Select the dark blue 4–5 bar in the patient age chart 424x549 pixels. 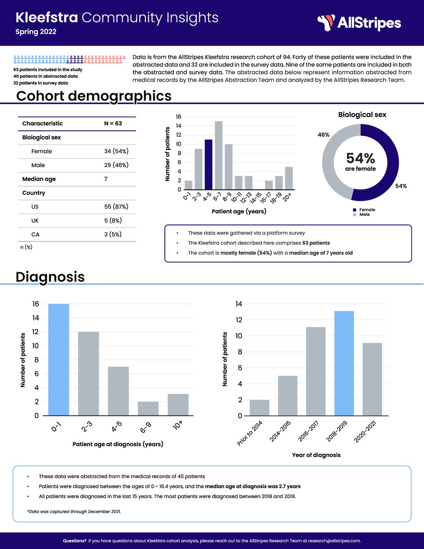click(x=209, y=165)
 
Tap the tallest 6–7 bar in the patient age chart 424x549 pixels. click(x=219, y=156)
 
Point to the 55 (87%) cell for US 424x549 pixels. click(x=116, y=207)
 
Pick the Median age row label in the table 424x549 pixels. click(x=39, y=179)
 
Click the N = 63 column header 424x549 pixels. click(x=113, y=124)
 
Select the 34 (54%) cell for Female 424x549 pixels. click(x=116, y=151)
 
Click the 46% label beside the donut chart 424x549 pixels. click(x=324, y=135)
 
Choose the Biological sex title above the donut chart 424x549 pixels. click(x=362, y=115)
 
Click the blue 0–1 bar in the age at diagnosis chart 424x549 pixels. click(x=59, y=360)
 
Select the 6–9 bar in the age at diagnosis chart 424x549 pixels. click(x=148, y=409)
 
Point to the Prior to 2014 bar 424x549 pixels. click(x=259, y=408)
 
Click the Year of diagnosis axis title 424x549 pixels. click(x=316, y=455)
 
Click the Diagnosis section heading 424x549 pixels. click(x=50, y=277)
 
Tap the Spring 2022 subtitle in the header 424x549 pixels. click(x=36, y=32)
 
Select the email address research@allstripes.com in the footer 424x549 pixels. click(x=333, y=541)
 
